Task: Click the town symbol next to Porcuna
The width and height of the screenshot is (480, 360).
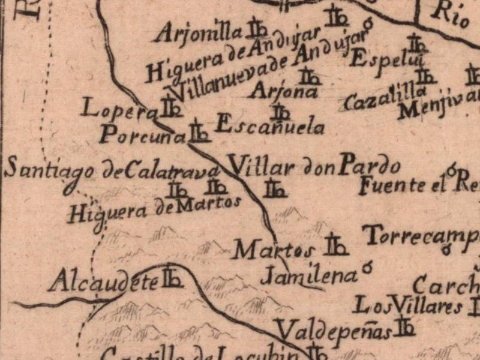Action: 199,132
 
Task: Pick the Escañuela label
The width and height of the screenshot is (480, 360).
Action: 269,125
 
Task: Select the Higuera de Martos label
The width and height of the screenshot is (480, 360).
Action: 154,208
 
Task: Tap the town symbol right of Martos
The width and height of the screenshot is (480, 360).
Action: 336,245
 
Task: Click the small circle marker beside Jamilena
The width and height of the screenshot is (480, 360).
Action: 367,265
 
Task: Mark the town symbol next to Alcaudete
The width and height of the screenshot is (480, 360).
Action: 172,277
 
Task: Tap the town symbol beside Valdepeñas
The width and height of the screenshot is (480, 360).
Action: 405,326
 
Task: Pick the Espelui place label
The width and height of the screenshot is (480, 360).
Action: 379,58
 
